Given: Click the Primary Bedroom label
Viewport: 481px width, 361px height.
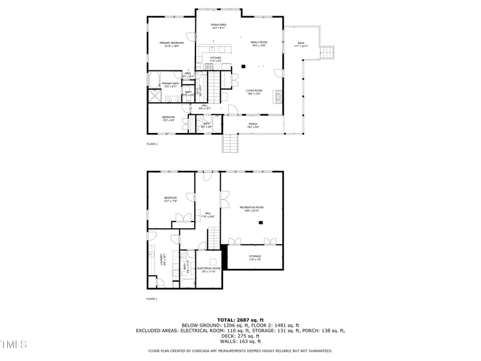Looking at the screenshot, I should (x=171, y=44).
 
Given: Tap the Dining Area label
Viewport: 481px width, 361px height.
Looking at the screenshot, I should (x=218, y=26).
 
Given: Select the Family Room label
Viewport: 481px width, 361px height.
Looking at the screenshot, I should (x=259, y=43).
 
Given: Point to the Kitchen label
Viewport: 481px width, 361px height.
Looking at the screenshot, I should (x=216, y=59).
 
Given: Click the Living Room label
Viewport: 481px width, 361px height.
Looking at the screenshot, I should (x=254, y=91).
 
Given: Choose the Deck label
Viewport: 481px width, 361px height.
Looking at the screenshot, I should (x=301, y=44).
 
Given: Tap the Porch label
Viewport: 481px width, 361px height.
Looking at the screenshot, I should (x=253, y=125).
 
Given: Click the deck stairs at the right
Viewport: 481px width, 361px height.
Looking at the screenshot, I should (x=327, y=53).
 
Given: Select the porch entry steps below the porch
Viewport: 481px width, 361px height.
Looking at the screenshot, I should (x=231, y=143).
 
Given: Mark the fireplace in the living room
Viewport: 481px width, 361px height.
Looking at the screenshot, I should (x=277, y=96).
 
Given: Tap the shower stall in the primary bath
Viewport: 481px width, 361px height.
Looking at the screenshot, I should (x=154, y=96).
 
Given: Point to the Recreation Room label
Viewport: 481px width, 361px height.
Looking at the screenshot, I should (x=251, y=208).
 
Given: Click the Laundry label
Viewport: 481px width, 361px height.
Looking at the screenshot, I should (x=164, y=260).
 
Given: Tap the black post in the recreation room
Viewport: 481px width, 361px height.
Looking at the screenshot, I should (x=260, y=223).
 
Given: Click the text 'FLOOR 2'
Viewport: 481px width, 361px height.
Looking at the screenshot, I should (x=152, y=144).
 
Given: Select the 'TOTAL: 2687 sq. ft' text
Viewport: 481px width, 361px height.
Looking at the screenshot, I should (x=240, y=320).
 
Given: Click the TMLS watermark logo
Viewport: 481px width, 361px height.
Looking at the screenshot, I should (x=13, y=344).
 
